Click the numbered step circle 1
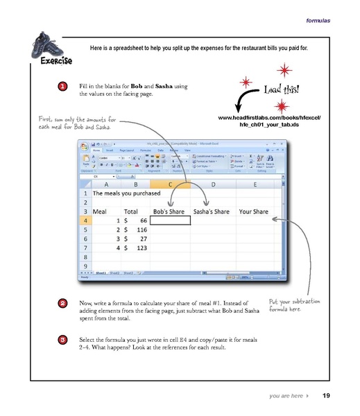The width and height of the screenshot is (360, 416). [x=63, y=87]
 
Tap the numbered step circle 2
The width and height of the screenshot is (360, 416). [x=63, y=303]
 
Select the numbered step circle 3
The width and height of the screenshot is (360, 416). [x=63, y=340]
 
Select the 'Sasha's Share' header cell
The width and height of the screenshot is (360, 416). [x=212, y=210]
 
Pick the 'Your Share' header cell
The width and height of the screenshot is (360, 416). [x=253, y=210]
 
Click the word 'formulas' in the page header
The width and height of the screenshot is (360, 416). [x=318, y=20]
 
